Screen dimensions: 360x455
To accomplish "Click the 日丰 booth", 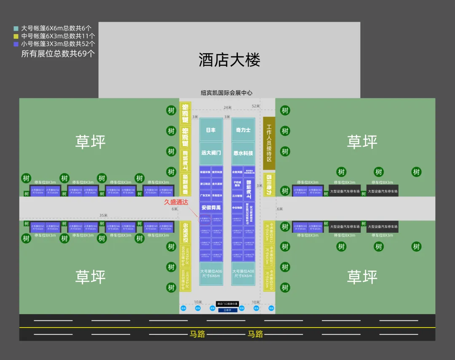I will [211, 130].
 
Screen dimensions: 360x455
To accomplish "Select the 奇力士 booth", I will [243, 130].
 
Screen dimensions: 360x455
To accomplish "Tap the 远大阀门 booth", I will [211, 153].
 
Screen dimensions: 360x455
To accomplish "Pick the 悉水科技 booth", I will [243, 153].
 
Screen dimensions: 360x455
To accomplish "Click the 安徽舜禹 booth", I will [211, 208].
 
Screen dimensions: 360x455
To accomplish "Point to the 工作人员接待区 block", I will [269, 143].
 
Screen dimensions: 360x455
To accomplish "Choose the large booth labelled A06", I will [211, 273].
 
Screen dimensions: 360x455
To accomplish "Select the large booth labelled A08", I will [243, 273].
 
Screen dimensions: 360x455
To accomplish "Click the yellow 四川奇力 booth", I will [269, 185].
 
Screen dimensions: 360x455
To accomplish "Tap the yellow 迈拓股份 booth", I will [185, 232].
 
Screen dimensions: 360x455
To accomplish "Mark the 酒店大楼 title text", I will [229, 60].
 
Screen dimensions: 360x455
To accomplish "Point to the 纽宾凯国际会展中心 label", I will [227, 93].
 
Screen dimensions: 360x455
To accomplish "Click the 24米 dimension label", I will [227, 107].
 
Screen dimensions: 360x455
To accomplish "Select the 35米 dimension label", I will [103, 215].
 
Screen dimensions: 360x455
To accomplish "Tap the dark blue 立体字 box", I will [227, 310].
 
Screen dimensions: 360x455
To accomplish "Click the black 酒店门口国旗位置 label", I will [227, 304].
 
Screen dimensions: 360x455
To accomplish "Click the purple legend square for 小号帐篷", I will [16, 43].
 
